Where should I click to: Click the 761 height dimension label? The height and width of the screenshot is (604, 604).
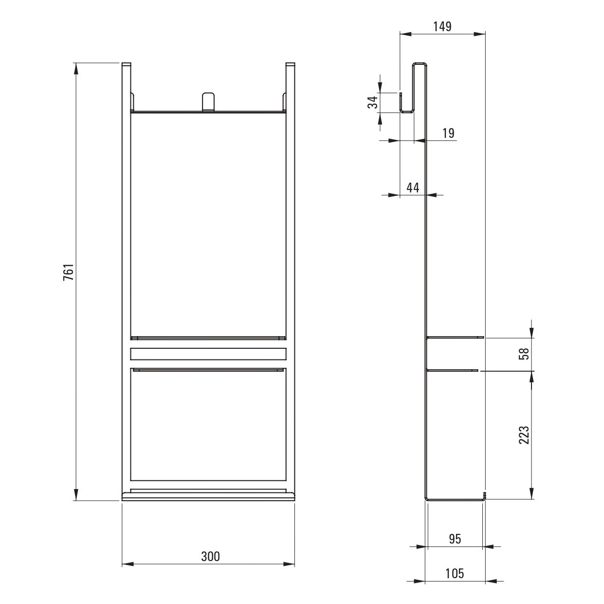pyautogui.click(x=69, y=272)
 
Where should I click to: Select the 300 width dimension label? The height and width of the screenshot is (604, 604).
pyautogui.click(x=210, y=556)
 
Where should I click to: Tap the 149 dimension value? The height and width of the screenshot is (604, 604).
pyautogui.click(x=442, y=27)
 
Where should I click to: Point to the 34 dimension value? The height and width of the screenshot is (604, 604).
pyautogui.click(x=373, y=102)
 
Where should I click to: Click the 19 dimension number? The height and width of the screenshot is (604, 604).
pyautogui.click(x=448, y=133)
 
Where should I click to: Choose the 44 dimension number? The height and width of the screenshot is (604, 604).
pyautogui.click(x=413, y=188)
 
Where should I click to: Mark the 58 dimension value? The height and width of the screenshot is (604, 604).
pyautogui.click(x=524, y=354)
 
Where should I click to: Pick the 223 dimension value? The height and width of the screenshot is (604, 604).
pyautogui.click(x=524, y=435)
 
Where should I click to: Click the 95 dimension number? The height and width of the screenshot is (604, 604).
pyautogui.click(x=455, y=539)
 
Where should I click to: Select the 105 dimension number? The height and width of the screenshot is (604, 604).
pyautogui.click(x=455, y=574)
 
